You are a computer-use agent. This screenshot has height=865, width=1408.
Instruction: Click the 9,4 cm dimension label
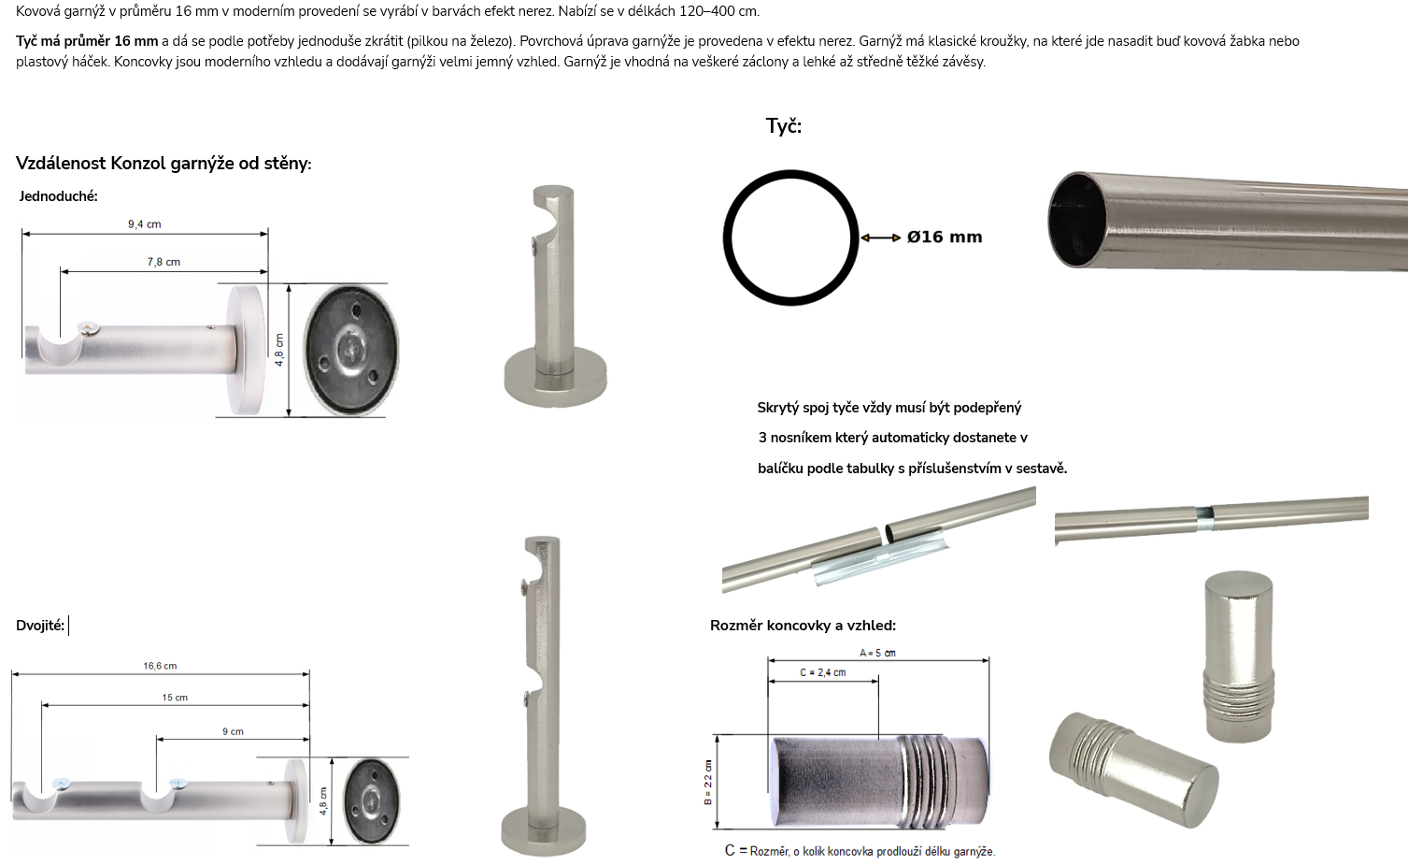pyautogui.click(x=145, y=224)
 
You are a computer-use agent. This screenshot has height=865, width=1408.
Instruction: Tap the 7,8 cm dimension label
pyautogui.click(x=164, y=263)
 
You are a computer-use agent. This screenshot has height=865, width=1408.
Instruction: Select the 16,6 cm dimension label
pyautogui.click(x=160, y=666)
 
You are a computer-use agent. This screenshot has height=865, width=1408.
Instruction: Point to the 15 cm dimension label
pyautogui.click(x=175, y=698)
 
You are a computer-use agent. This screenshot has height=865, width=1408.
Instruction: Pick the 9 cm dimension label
pyautogui.click(x=233, y=731)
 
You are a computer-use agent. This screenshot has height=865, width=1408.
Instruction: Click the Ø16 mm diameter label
pyautogui.click(x=944, y=238)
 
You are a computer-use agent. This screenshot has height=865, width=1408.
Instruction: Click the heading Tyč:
pyautogui.click(x=784, y=126)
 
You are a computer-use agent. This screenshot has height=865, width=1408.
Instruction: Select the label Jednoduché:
pyautogui.click(x=59, y=196)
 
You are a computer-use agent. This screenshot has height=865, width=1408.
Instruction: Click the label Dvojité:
pyautogui.click(x=40, y=626)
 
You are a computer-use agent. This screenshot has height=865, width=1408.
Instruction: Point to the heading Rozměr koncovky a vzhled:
pyautogui.click(x=803, y=626)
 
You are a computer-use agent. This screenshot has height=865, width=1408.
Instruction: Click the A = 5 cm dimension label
pyautogui.click(x=877, y=653)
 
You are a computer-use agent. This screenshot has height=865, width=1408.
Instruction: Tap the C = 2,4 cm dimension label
pyautogui.click(x=823, y=672)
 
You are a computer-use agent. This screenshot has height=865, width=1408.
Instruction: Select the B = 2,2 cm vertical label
pyautogui.click(x=708, y=783)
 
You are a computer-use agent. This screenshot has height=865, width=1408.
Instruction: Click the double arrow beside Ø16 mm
pyautogui.click(x=881, y=238)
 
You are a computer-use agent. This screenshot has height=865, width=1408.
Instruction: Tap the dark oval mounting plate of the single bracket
pyautogui.click(x=351, y=350)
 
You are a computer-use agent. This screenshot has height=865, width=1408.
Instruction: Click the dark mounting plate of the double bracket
pyautogui.click(x=372, y=800)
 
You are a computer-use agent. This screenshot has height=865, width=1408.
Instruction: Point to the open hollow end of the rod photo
pyautogui.click(x=1078, y=220)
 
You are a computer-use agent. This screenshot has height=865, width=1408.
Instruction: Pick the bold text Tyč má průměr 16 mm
pyautogui.click(x=87, y=41)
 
